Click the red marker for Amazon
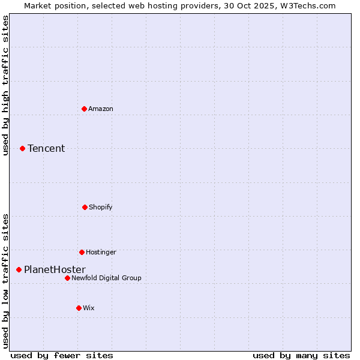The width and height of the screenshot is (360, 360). coord(84,109)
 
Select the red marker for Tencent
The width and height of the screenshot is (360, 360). coord(22,148)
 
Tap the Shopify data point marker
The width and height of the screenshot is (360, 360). coord(85,207)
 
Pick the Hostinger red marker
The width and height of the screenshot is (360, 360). coord(82,252)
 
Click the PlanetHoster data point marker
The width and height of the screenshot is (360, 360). coord(19,269)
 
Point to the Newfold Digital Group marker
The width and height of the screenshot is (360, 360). coord(67,278)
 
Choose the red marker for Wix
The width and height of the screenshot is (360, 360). coord(79,308)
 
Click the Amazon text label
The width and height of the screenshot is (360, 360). coord(101,109)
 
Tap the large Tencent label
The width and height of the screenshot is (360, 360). coord(46,148)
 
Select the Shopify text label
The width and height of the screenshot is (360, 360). coord(101,207)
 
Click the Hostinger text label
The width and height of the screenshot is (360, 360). coord(101,252)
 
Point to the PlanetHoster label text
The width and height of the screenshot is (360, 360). coord(55,269)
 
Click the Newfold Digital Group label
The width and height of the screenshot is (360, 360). coord(107,278)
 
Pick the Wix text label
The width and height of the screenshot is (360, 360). coord(89,308)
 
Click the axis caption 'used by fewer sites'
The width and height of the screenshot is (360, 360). coord(62,355)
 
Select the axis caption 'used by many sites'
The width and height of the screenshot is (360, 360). coord(301,355)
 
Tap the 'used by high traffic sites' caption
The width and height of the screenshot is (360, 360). coord(5,85)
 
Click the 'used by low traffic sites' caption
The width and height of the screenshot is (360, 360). coord(5,281)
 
